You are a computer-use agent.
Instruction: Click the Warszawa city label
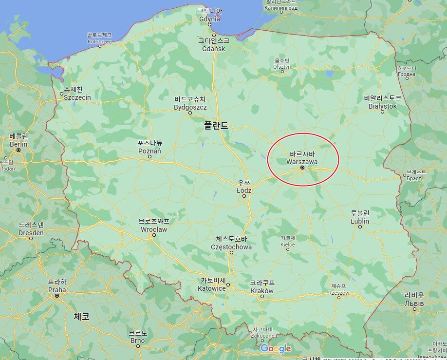coord(302,161)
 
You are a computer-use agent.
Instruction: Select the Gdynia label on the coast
coord(210,19)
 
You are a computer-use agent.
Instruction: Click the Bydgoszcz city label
coord(190,107)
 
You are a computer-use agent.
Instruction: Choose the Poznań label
coord(150,151)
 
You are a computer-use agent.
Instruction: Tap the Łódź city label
coord(244,190)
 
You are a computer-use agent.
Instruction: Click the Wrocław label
coord(154,229)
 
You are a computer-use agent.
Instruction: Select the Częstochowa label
coord(231,247)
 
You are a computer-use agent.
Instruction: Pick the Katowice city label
coord(212,288)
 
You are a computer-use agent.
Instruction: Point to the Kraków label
coord(262,290)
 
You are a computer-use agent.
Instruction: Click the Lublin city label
coord(360,221)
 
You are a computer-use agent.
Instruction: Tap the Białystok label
coord(383,106)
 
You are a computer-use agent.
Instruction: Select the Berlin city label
coord(19,144)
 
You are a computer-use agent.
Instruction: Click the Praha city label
coord(57,289)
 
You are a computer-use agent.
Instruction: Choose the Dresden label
coord(31,232)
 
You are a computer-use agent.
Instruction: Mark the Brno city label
coord(138,340)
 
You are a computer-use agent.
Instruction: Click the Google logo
coord(276,348)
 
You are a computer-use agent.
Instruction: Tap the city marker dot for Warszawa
coord(302,168)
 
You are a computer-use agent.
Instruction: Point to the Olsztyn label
coord(282,67)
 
